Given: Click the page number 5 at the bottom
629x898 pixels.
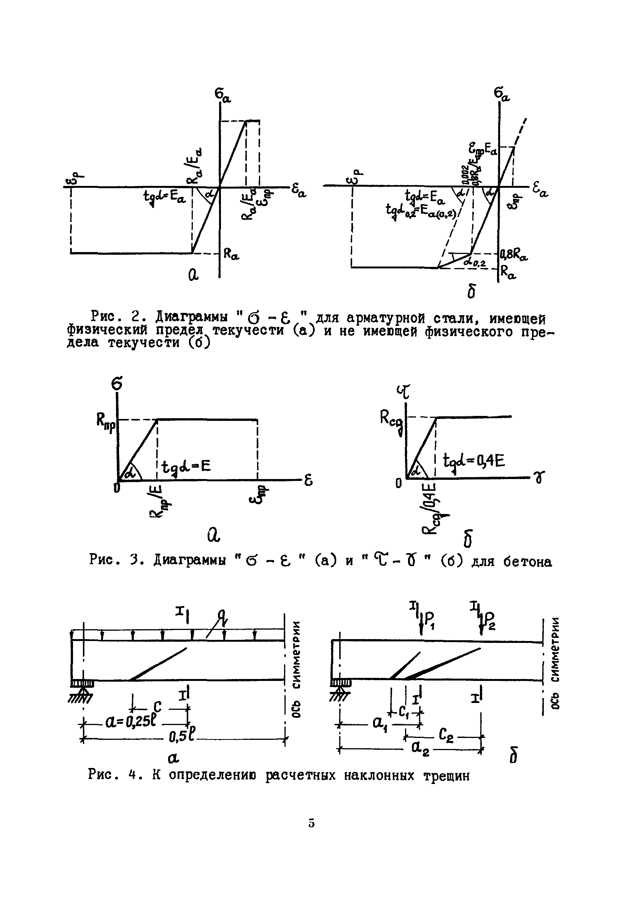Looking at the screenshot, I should pyautogui.click(x=311, y=823).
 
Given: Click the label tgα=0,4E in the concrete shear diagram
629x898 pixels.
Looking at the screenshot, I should pyautogui.click(x=474, y=461).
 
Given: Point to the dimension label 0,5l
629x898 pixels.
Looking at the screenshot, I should pyautogui.click(x=182, y=737).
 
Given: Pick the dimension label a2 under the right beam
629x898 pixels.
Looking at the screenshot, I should pyautogui.click(x=419, y=748).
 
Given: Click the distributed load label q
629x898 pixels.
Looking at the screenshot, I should pyautogui.click(x=224, y=617).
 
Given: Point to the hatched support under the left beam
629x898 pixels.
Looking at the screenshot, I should pyautogui.click(x=82, y=690).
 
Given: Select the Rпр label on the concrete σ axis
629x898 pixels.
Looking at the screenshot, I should pyautogui.click(x=106, y=422).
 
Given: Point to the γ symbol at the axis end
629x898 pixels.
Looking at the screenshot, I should pyautogui.click(x=540, y=477).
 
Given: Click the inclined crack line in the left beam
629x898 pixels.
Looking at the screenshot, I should pyautogui.click(x=159, y=664).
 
